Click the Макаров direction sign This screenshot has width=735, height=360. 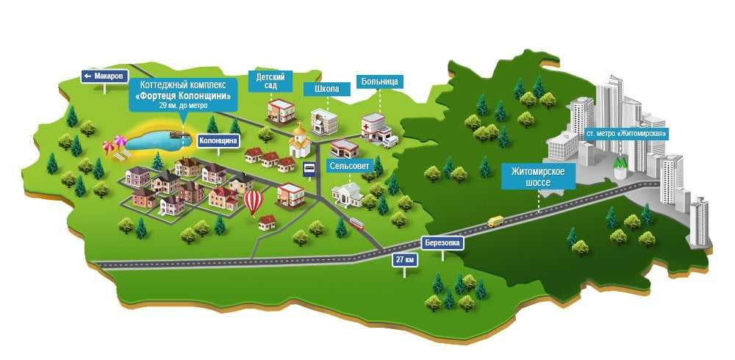pos(104,76)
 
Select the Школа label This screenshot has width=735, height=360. pos(326,89)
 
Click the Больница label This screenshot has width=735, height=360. pos(380,82)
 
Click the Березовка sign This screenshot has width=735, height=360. pos(443,243)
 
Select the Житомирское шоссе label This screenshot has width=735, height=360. pos(538,176)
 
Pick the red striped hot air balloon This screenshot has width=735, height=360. pos(253,201)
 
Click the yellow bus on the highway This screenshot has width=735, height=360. pos(495,220)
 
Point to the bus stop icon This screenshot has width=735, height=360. pos(310,168)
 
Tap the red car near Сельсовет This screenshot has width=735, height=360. pos(356,222)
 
